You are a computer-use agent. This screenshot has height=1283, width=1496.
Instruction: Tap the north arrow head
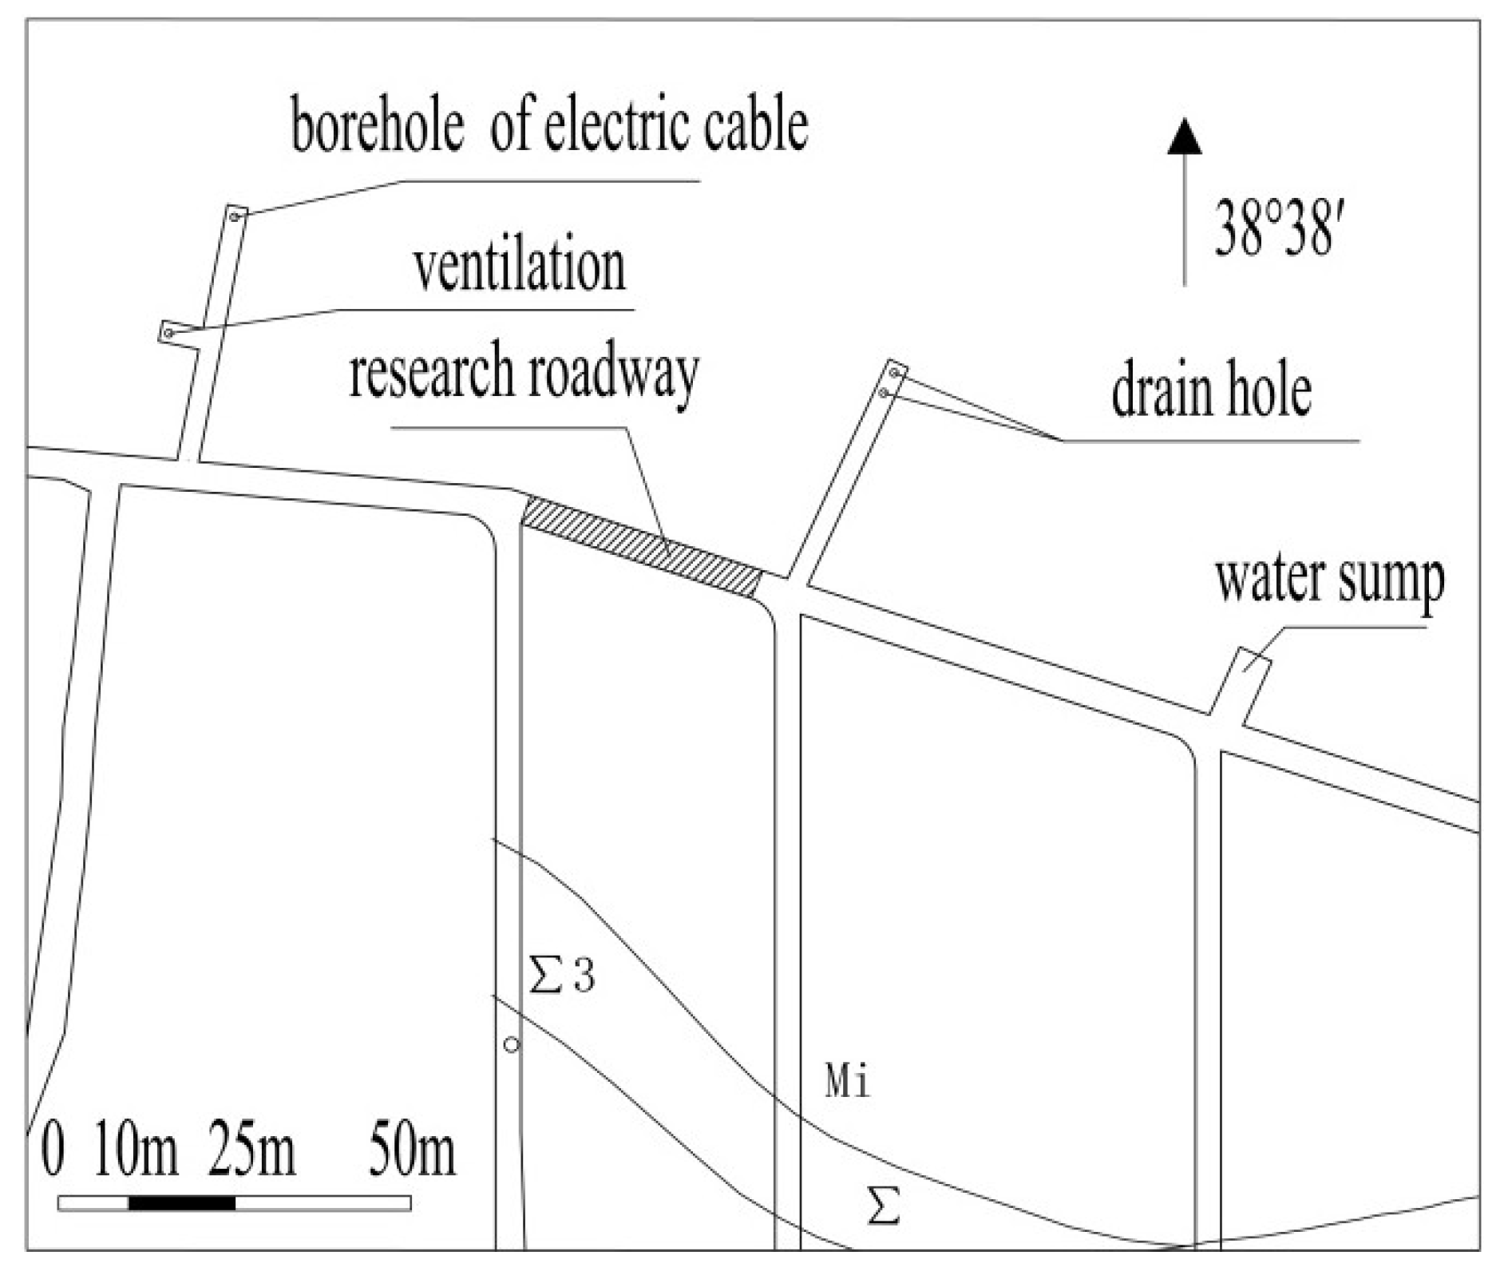[x=1185, y=137]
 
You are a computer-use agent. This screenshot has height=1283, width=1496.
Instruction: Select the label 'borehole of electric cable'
[x=549, y=126]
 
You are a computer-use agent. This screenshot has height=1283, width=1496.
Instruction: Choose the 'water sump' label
[x=1329, y=580]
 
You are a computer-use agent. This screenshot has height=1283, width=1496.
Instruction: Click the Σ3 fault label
[x=562, y=976]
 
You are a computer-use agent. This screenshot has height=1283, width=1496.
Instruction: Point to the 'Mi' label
[x=847, y=1083]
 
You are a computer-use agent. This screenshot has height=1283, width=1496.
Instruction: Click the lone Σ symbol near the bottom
[x=884, y=1206]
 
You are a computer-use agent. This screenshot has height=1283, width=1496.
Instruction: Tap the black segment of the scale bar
[x=182, y=1203]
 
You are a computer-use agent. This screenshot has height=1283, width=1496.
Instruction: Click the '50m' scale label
[x=412, y=1152]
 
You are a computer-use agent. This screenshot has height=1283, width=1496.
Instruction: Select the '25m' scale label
[x=251, y=1152]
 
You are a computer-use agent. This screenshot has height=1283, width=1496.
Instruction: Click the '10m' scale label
[x=136, y=1152]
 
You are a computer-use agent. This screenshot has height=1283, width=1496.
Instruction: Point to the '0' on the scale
[x=53, y=1152]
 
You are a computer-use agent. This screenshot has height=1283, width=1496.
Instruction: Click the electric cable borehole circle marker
[x=235, y=216]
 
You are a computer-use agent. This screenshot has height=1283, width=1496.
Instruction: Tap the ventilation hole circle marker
[x=168, y=332]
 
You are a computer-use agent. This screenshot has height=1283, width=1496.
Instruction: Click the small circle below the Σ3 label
[x=512, y=1044]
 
